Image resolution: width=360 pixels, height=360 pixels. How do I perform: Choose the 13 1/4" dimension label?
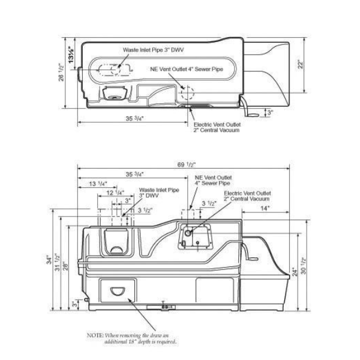[98, 184]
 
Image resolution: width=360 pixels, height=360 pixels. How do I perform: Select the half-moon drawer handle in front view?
[119, 292]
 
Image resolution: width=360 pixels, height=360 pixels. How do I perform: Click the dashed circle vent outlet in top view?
[188, 93]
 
